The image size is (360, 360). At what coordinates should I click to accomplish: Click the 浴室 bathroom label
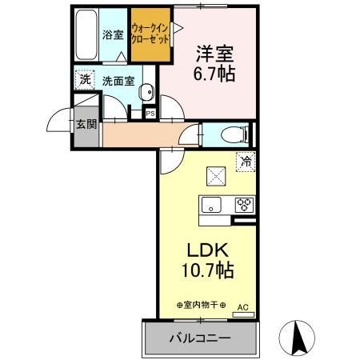[113, 35]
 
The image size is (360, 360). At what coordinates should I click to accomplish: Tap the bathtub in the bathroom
[86, 36]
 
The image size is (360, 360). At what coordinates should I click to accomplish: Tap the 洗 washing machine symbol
[84, 80]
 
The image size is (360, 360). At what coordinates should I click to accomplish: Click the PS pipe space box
[150, 114]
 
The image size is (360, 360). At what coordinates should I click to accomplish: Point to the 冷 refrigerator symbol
[246, 162]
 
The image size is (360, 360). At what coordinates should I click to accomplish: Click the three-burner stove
[244, 204]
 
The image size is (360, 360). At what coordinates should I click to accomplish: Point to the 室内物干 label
[201, 305]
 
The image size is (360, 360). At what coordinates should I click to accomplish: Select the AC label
[242, 306]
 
